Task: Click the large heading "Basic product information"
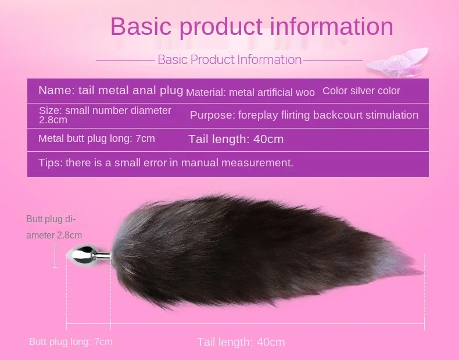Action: (252, 27)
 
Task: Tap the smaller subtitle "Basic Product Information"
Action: (229, 60)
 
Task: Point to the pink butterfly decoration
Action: (397, 63)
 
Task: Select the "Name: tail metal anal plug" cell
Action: (110, 90)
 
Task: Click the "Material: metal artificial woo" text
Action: (250, 92)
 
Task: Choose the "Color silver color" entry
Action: (361, 91)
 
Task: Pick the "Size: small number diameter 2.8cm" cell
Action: (105, 115)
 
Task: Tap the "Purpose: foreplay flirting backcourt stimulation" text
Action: (304, 115)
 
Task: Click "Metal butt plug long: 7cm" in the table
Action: (96, 138)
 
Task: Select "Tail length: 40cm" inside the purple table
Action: (236, 139)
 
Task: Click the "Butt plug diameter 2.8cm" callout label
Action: (54, 227)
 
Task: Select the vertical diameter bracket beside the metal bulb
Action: (55, 256)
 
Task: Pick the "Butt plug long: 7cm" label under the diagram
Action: (71, 341)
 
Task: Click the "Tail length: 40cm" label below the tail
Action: (241, 342)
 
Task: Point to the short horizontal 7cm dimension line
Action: (89, 324)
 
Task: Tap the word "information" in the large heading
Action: (331, 26)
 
